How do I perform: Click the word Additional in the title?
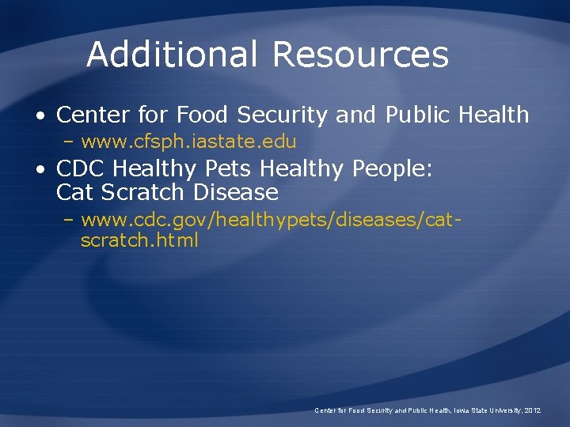tap(172, 55)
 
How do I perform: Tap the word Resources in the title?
tap(360, 55)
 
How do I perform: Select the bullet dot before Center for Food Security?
tap(39, 115)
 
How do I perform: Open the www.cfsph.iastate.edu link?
tap(188, 142)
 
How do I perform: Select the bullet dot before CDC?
tap(39, 169)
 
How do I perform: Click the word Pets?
tap(230, 169)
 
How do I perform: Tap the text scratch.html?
tap(139, 240)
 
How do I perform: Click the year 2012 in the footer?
tap(530, 410)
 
